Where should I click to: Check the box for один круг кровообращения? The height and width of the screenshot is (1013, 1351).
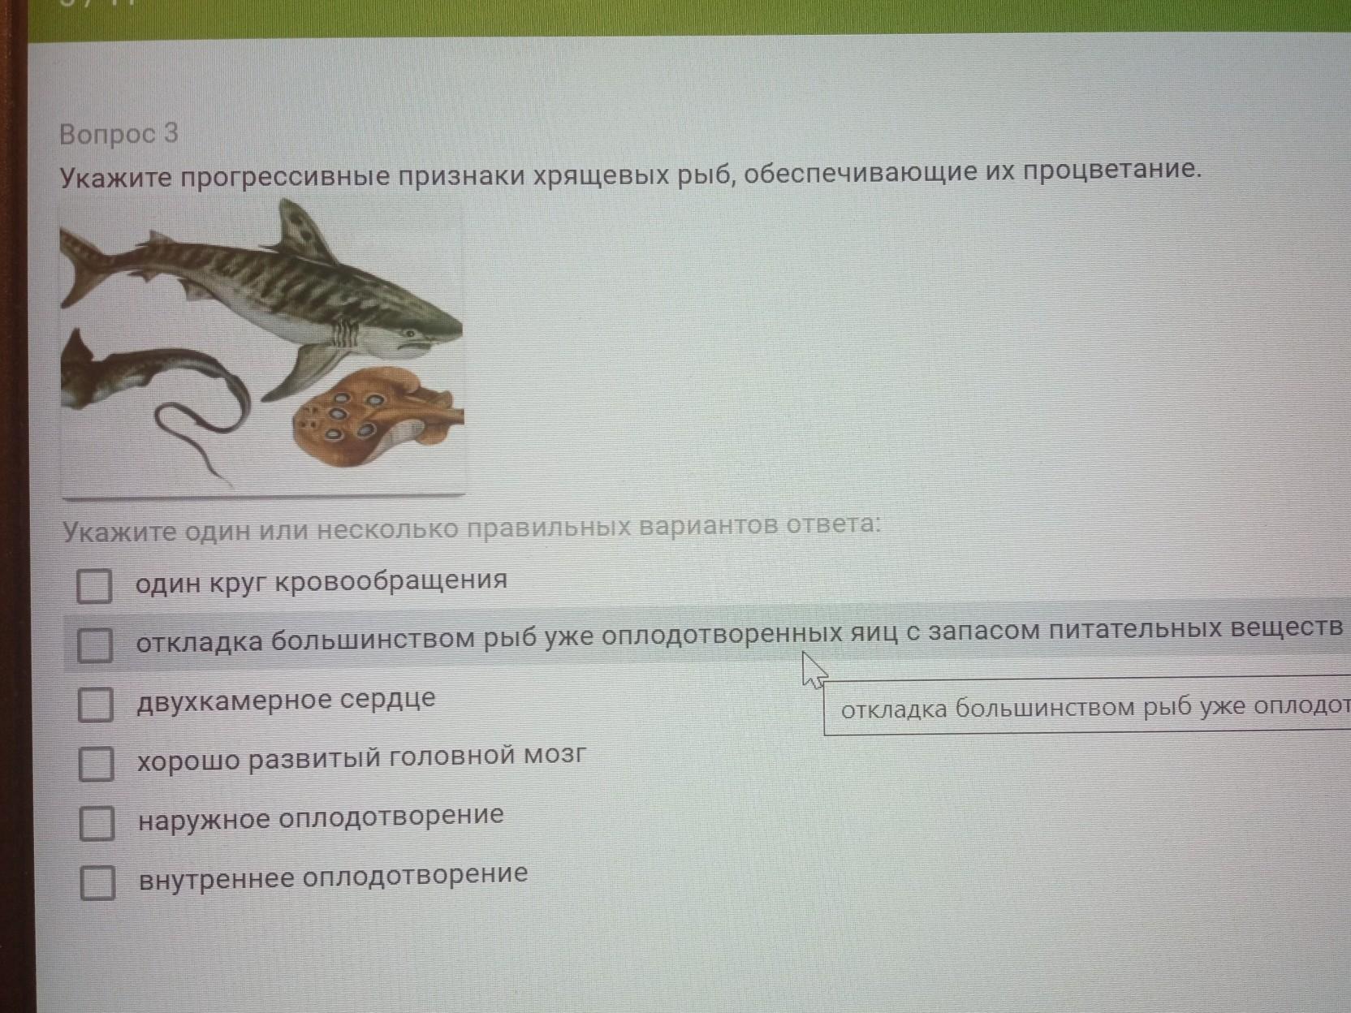coord(94,585)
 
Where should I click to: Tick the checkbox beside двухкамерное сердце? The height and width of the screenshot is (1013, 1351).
coord(96,705)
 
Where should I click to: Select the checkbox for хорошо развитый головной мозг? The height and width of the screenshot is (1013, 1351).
coord(97,764)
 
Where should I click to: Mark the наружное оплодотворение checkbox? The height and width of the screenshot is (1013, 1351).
coord(97,824)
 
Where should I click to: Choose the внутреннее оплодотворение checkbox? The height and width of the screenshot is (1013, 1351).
coord(98,882)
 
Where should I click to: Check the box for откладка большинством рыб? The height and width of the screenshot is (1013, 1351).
coord(96,644)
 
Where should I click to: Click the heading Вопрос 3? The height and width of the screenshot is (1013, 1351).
coord(119,134)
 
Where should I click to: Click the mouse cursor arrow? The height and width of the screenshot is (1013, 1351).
coord(814,670)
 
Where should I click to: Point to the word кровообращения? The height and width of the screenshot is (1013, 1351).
coord(391,580)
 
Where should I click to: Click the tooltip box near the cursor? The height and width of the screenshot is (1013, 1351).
coord(1087,705)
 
